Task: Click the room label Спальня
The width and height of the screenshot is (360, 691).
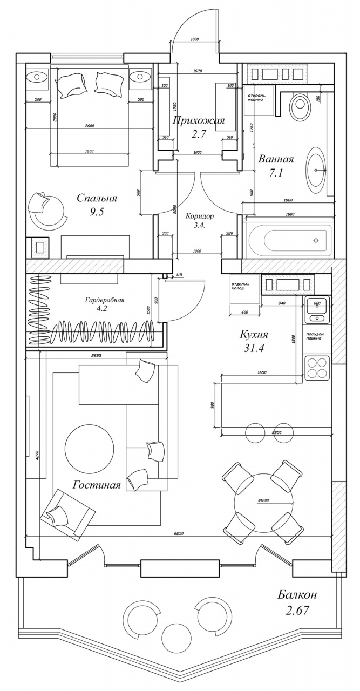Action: tap(97, 198)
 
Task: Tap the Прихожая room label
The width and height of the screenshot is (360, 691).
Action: tap(198, 120)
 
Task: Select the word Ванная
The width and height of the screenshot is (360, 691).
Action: tap(276, 159)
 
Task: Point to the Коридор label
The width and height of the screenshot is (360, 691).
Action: tap(200, 216)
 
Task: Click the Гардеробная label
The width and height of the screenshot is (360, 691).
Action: tap(105, 300)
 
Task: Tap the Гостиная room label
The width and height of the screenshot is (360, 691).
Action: tap(96, 485)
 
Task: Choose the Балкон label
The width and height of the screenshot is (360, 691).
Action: tap(297, 595)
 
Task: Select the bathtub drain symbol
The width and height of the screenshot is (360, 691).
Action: tap(316, 240)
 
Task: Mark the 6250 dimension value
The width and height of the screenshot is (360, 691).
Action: tap(180, 533)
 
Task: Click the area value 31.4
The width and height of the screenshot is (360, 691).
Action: tap(254, 348)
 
